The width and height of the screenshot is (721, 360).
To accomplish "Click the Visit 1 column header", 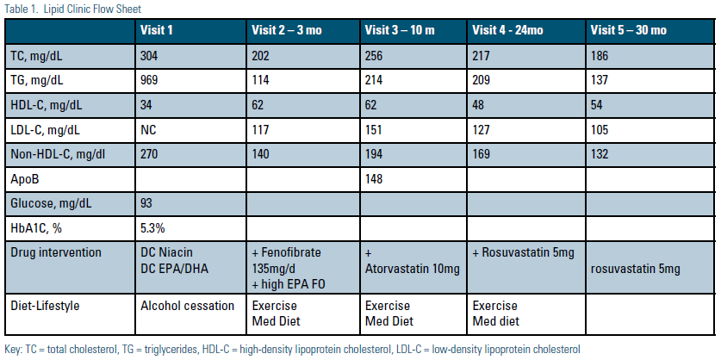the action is [x=156, y=31].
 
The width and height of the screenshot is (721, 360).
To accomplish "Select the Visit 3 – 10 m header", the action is [x=400, y=31].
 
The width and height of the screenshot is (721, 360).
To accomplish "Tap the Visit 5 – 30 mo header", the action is [x=628, y=31].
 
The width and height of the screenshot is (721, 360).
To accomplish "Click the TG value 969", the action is [x=149, y=80].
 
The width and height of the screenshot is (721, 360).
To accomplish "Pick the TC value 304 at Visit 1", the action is [x=149, y=56].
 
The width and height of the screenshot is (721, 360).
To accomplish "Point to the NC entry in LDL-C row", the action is [x=148, y=130].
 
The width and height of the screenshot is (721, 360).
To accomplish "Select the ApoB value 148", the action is [x=373, y=179].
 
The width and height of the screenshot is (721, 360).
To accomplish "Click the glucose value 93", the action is [x=146, y=203].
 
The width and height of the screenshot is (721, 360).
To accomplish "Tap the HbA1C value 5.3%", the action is [x=152, y=228].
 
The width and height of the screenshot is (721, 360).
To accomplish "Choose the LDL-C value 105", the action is [x=600, y=130].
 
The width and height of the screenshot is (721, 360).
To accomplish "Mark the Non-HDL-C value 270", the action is [x=149, y=154].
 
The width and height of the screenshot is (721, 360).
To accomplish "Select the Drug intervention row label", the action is [x=56, y=253].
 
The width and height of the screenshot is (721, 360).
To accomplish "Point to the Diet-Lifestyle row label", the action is [x=46, y=307].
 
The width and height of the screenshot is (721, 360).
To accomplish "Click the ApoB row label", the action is [x=25, y=179].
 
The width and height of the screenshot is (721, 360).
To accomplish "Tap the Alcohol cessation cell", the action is [x=187, y=307].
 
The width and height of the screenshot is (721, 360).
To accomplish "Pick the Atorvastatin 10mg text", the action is [x=412, y=269].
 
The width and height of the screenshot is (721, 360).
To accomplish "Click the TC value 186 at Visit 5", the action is [x=600, y=56].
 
